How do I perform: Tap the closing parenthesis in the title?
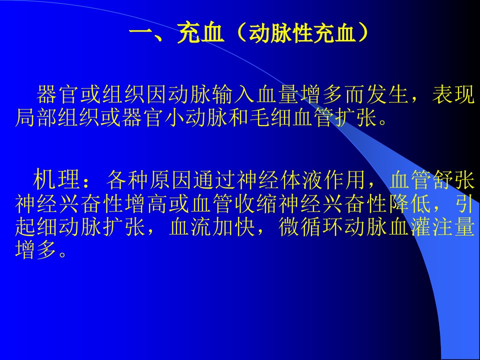point(363,33)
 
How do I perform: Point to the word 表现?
point(453,94)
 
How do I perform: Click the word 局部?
point(36,118)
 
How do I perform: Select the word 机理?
point(56,179)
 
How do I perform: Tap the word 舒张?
point(453,179)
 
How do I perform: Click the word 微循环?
point(310,227)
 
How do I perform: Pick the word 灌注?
point(431,227)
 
